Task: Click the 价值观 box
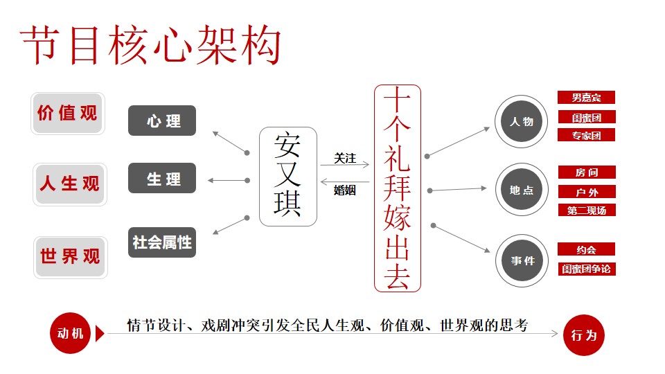(x=68, y=114)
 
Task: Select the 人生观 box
(x=70, y=184)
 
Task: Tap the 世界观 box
(x=71, y=257)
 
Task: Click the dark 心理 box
(x=162, y=121)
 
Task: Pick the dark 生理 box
(x=162, y=178)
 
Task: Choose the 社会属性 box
(x=162, y=242)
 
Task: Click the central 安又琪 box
(x=288, y=177)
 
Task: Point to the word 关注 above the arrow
(x=345, y=158)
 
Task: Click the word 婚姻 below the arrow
(x=345, y=190)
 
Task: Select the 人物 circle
(x=521, y=121)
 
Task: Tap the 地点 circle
(x=522, y=190)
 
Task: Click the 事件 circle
(x=522, y=260)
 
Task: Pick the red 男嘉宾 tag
(x=586, y=98)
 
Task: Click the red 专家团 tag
(x=586, y=135)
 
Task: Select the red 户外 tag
(x=587, y=192)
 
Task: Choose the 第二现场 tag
(x=587, y=210)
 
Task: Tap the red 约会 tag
(x=586, y=249)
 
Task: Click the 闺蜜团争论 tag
(x=587, y=269)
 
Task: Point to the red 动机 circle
(x=71, y=334)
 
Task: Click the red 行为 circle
(x=584, y=335)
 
